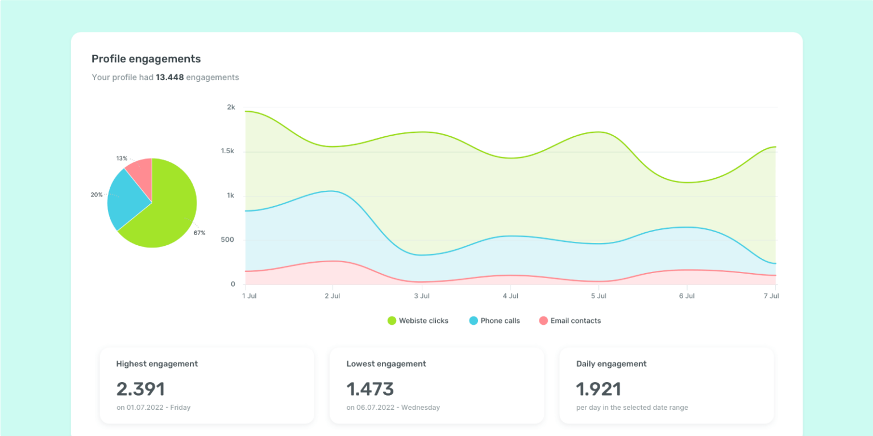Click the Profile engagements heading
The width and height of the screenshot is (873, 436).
146,58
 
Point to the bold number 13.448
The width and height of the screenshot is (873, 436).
169,77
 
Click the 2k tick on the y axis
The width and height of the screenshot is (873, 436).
231,107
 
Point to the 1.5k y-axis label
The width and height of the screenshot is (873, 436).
227,152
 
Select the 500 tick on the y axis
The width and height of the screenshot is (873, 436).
228,240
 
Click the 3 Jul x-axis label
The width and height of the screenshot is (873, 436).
422,296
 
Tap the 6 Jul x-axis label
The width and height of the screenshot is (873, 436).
687,296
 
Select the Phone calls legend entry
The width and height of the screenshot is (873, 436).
494,321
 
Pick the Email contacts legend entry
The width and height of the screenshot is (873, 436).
569,321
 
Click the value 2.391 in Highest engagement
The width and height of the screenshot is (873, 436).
140,389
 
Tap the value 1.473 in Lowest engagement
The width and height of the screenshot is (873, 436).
370,389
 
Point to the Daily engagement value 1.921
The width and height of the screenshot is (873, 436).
598,389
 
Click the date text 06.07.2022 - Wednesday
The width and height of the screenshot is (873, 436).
393,408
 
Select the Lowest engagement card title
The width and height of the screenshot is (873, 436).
386,364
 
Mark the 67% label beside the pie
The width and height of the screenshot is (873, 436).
199,233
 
